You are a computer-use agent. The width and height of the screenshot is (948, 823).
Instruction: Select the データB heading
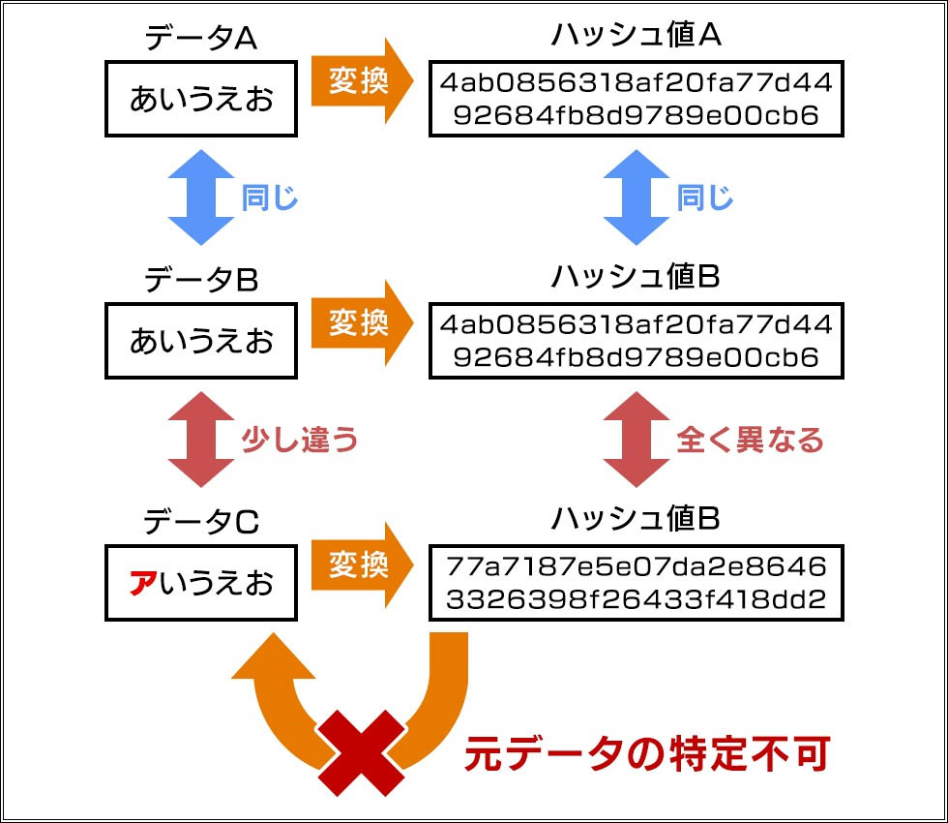pyautogui.click(x=200, y=280)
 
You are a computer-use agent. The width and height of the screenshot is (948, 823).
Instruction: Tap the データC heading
pyautogui.click(x=200, y=522)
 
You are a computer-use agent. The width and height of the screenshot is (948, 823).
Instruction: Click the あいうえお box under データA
pyautogui.click(x=201, y=99)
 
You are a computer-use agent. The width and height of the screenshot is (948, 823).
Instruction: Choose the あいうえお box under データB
pyautogui.click(x=201, y=341)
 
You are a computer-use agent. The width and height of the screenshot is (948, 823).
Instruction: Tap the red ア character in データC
pyautogui.click(x=142, y=584)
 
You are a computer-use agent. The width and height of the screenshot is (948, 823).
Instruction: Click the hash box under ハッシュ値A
pyautogui.click(x=636, y=99)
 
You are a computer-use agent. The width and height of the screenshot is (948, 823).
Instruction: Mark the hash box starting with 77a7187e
pyautogui.click(x=636, y=583)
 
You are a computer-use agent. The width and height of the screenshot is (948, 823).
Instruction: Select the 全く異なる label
pyautogui.click(x=750, y=441)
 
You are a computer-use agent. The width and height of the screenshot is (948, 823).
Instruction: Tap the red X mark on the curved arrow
pyautogui.click(x=362, y=753)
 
